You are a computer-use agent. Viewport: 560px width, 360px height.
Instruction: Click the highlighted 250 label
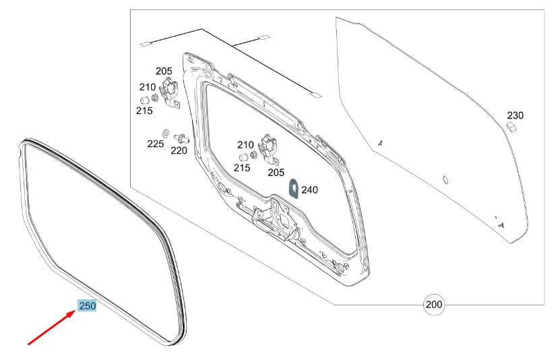(88, 306)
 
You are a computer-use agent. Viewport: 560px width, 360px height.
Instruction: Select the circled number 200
(435, 305)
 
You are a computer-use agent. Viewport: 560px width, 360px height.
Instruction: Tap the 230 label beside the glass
(515, 115)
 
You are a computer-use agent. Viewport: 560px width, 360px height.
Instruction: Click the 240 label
(309, 190)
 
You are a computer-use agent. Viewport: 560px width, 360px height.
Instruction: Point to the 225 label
(156, 144)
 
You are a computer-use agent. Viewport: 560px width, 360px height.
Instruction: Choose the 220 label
(179, 151)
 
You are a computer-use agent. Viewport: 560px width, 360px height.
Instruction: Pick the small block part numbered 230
(511, 126)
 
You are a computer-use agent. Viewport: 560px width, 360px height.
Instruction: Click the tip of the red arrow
(75, 311)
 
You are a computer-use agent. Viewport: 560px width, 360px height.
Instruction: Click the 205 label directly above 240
(276, 172)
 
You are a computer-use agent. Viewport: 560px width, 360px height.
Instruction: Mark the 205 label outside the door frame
(164, 71)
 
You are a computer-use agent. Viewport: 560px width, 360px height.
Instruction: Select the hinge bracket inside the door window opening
(270, 149)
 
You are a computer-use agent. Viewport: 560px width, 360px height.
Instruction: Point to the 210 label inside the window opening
(245, 144)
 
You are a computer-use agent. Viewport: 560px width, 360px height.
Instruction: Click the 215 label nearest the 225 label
(144, 111)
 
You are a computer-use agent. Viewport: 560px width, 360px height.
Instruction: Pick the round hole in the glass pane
(445, 179)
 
